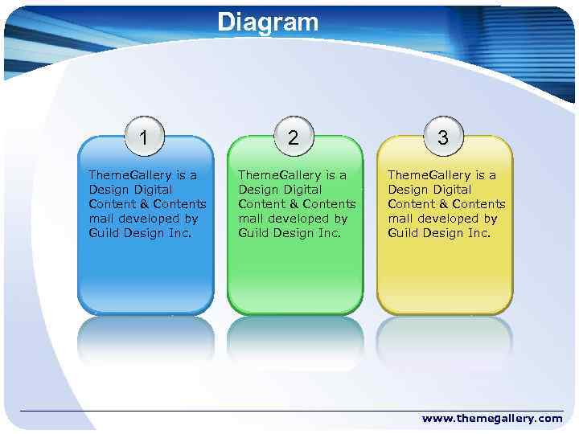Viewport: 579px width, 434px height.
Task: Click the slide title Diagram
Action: (x=268, y=22)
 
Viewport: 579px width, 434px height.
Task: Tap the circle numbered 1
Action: (x=144, y=137)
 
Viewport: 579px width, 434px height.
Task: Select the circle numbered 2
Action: (x=294, y=137)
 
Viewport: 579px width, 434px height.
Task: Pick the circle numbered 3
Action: (x=443, y=137)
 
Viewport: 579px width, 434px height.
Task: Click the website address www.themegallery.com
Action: (x=492, y=418)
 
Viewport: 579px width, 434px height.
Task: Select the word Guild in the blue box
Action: (x=105, y=233)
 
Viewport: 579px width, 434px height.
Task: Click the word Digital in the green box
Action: (x=302, y=190)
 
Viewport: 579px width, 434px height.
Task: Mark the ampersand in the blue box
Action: (x=145, y=204)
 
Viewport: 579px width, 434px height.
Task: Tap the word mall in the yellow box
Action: (x=400, y=219)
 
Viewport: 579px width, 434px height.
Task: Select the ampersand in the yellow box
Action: (x=444, y=204)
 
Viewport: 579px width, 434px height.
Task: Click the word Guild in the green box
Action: (x=254, y=233)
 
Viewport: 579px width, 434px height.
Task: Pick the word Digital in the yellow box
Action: (x=451, y=190)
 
